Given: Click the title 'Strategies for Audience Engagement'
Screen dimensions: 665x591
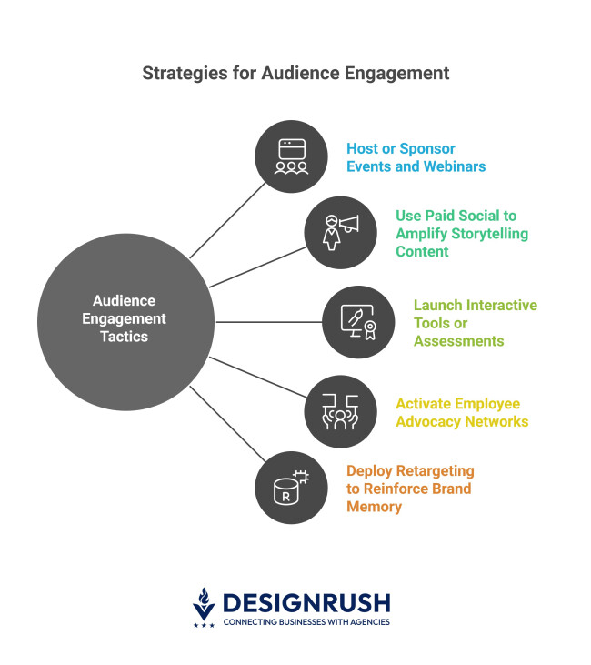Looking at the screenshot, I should (295, 73).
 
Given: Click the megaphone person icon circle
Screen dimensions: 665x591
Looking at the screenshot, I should (340, 232).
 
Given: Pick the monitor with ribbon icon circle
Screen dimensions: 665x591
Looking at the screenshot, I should (359, 321).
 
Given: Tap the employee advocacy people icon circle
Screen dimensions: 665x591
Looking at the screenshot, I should (340, 411).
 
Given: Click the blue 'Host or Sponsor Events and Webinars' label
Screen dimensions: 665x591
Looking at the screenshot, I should (416, 157).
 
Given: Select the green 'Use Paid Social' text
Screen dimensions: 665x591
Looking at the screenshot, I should (456, 216).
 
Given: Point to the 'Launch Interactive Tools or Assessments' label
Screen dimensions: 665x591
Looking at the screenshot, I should (475, 322).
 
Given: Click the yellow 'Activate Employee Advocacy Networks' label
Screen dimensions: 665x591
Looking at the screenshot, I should (461, 412).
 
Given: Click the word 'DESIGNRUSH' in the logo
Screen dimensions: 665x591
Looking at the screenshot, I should (306, 602).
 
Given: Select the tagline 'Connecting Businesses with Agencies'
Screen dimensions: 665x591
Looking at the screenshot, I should (306, 622).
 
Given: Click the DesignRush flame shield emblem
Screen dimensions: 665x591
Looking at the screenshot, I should (205, 605).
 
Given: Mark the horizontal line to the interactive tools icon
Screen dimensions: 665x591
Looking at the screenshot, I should (270, 321).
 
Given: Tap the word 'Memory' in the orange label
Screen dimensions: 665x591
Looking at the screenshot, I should (374, 507).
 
